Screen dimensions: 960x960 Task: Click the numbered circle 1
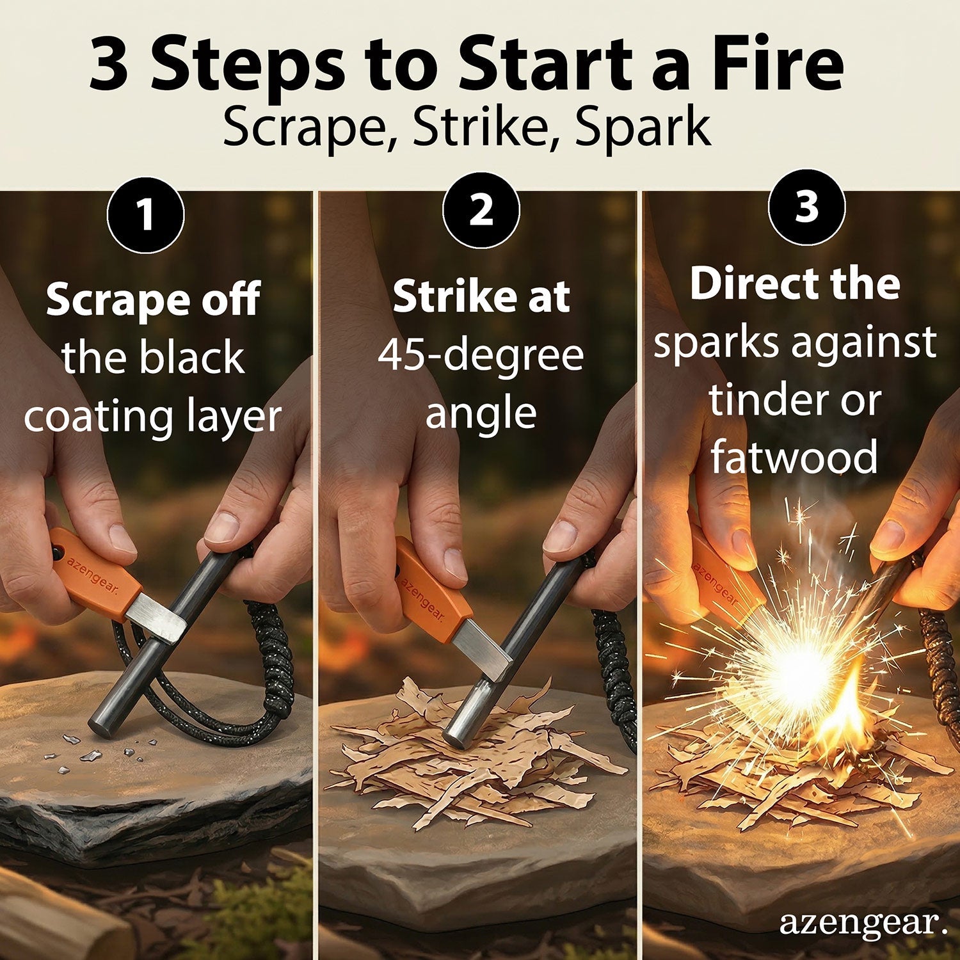146,215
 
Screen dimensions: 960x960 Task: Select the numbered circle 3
806,207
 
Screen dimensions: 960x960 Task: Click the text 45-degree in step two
481,355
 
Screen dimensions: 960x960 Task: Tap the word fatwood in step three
794,457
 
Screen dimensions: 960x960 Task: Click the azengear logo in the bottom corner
861,923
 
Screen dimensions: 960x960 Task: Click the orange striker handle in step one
93,569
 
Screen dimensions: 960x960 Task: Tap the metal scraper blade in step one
156,616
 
